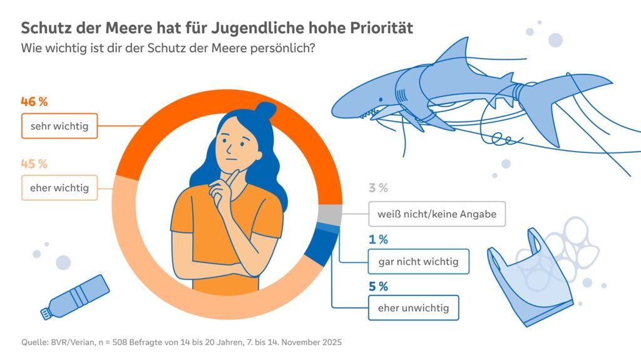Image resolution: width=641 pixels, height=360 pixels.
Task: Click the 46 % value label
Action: [x=34, y=101]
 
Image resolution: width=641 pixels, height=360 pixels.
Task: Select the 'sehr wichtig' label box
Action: [x=59, y=126]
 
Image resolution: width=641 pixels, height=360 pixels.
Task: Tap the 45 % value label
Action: [x=34, y=164]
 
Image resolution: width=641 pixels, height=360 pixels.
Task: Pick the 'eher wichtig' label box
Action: [x=59, y=188]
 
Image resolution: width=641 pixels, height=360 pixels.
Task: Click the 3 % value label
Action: [x=378, y=188]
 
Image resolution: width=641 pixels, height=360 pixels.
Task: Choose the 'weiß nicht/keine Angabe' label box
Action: [x=436, y=214]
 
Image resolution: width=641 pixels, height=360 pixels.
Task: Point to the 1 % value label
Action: [x=378, y=239]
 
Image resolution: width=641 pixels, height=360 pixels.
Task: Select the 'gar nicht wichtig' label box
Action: [x=418, y=262]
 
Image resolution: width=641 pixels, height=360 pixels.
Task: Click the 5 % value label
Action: [x=378, y=287]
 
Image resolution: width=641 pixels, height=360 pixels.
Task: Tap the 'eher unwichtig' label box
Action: [x=414, y=308]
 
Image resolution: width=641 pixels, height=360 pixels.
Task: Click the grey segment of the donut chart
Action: [x=330, y=215]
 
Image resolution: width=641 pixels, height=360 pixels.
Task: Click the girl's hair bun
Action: [x=266, y=111]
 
